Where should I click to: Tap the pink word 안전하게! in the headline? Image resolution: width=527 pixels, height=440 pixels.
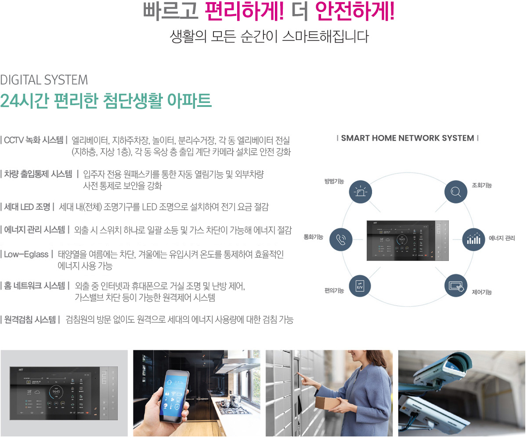tap(355, 12)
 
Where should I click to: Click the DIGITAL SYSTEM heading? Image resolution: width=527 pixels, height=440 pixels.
tap(44, 80)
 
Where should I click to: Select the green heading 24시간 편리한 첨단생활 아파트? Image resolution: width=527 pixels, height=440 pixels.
tap(106, 101)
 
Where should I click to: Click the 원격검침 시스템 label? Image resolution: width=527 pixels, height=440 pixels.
tap(30, 319)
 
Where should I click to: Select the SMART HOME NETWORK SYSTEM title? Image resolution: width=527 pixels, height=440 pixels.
tap(407, 138)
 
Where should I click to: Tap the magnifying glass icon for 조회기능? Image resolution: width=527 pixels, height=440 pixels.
tap(455, 192)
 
